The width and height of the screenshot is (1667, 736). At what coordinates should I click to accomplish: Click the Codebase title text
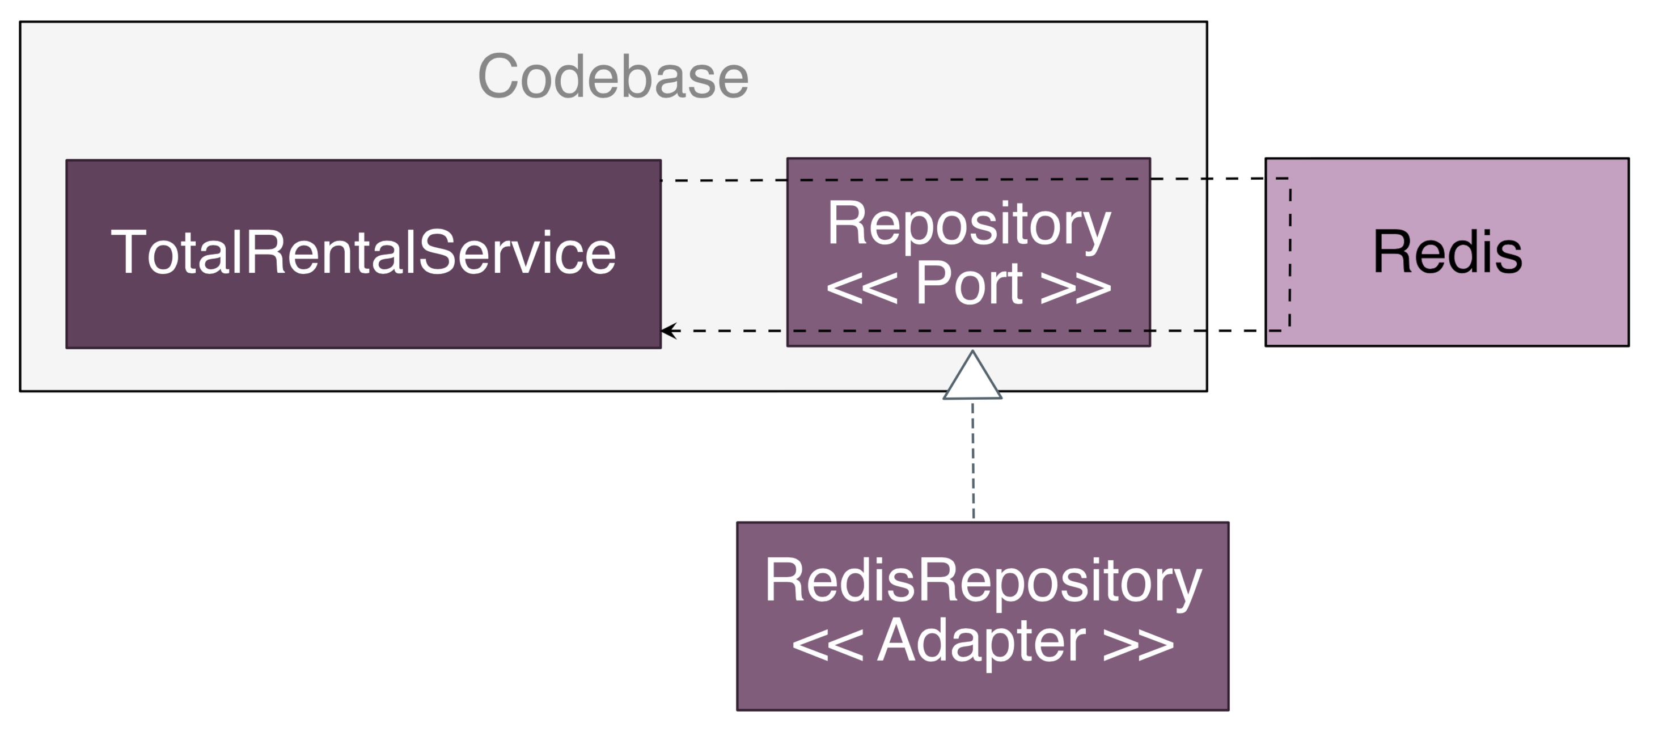[613, 77]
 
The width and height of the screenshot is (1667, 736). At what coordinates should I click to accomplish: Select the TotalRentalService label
[363, 252]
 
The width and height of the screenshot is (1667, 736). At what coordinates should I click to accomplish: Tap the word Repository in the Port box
[969, 224]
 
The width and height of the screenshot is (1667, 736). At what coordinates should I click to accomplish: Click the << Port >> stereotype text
[969, 283]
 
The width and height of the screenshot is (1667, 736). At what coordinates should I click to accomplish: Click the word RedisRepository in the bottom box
[983, 581]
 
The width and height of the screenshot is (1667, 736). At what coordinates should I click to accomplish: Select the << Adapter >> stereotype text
[983, 641]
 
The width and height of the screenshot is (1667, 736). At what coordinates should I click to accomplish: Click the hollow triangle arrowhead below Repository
[972, 375]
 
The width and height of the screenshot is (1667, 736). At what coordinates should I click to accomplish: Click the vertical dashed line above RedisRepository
[972, 461]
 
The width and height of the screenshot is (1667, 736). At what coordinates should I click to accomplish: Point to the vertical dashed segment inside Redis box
[1290, 255]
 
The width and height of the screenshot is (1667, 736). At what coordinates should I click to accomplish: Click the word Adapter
[981, 641]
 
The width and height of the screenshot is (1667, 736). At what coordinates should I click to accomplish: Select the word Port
[969, 283]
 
